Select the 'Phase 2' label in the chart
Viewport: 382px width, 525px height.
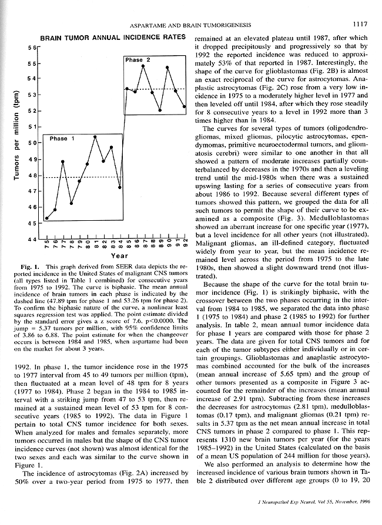[x=138, y=60]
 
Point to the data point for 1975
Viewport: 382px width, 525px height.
[x=46, y=218]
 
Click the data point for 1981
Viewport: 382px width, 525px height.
[x=95, y=136]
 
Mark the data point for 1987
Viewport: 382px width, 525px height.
[x=143, y=65]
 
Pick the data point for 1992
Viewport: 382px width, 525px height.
[x=185, y=107]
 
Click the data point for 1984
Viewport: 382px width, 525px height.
[x=120, y=187]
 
